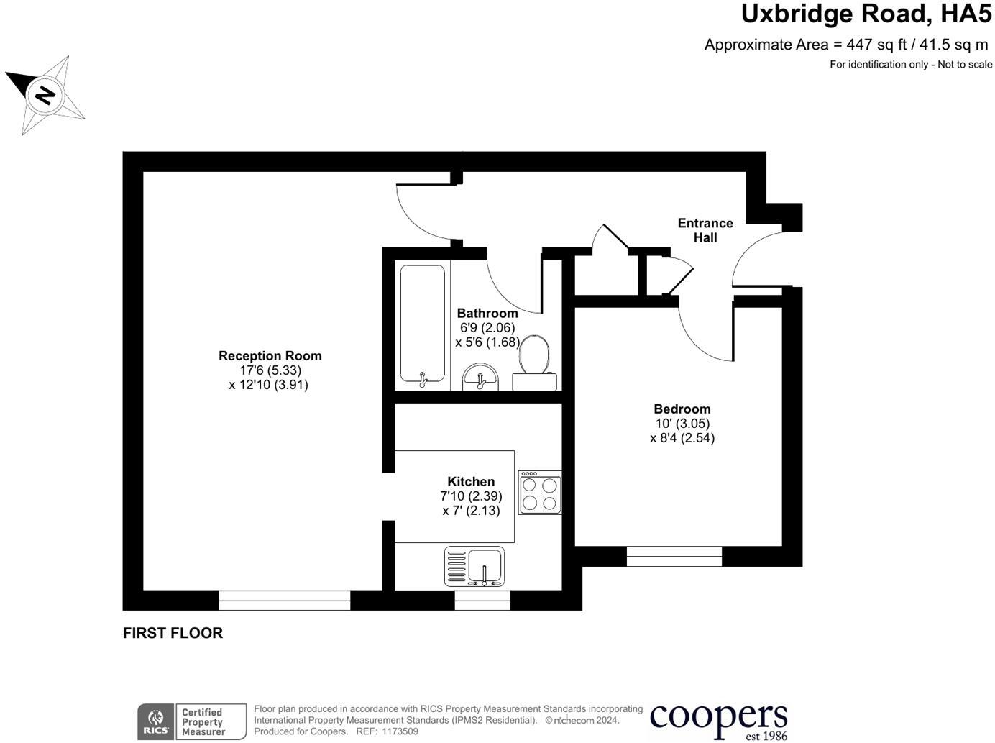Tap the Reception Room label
[x=270, y=355]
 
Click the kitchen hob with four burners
[x=540, y=493]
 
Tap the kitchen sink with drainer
[x=474, y=566]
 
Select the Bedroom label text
[x=682, y=409]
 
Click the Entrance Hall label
[x=705, y=230]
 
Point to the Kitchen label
[x=471, y=481]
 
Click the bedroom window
[x=674, y=556]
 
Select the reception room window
[x=284, y=600]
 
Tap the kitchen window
[x=482, y=600]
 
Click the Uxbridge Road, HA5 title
[x=866, y=14]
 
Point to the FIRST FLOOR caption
[x=173, y=633]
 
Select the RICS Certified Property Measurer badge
[x=191, y=721]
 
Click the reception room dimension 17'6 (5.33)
[x=270, y=370]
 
